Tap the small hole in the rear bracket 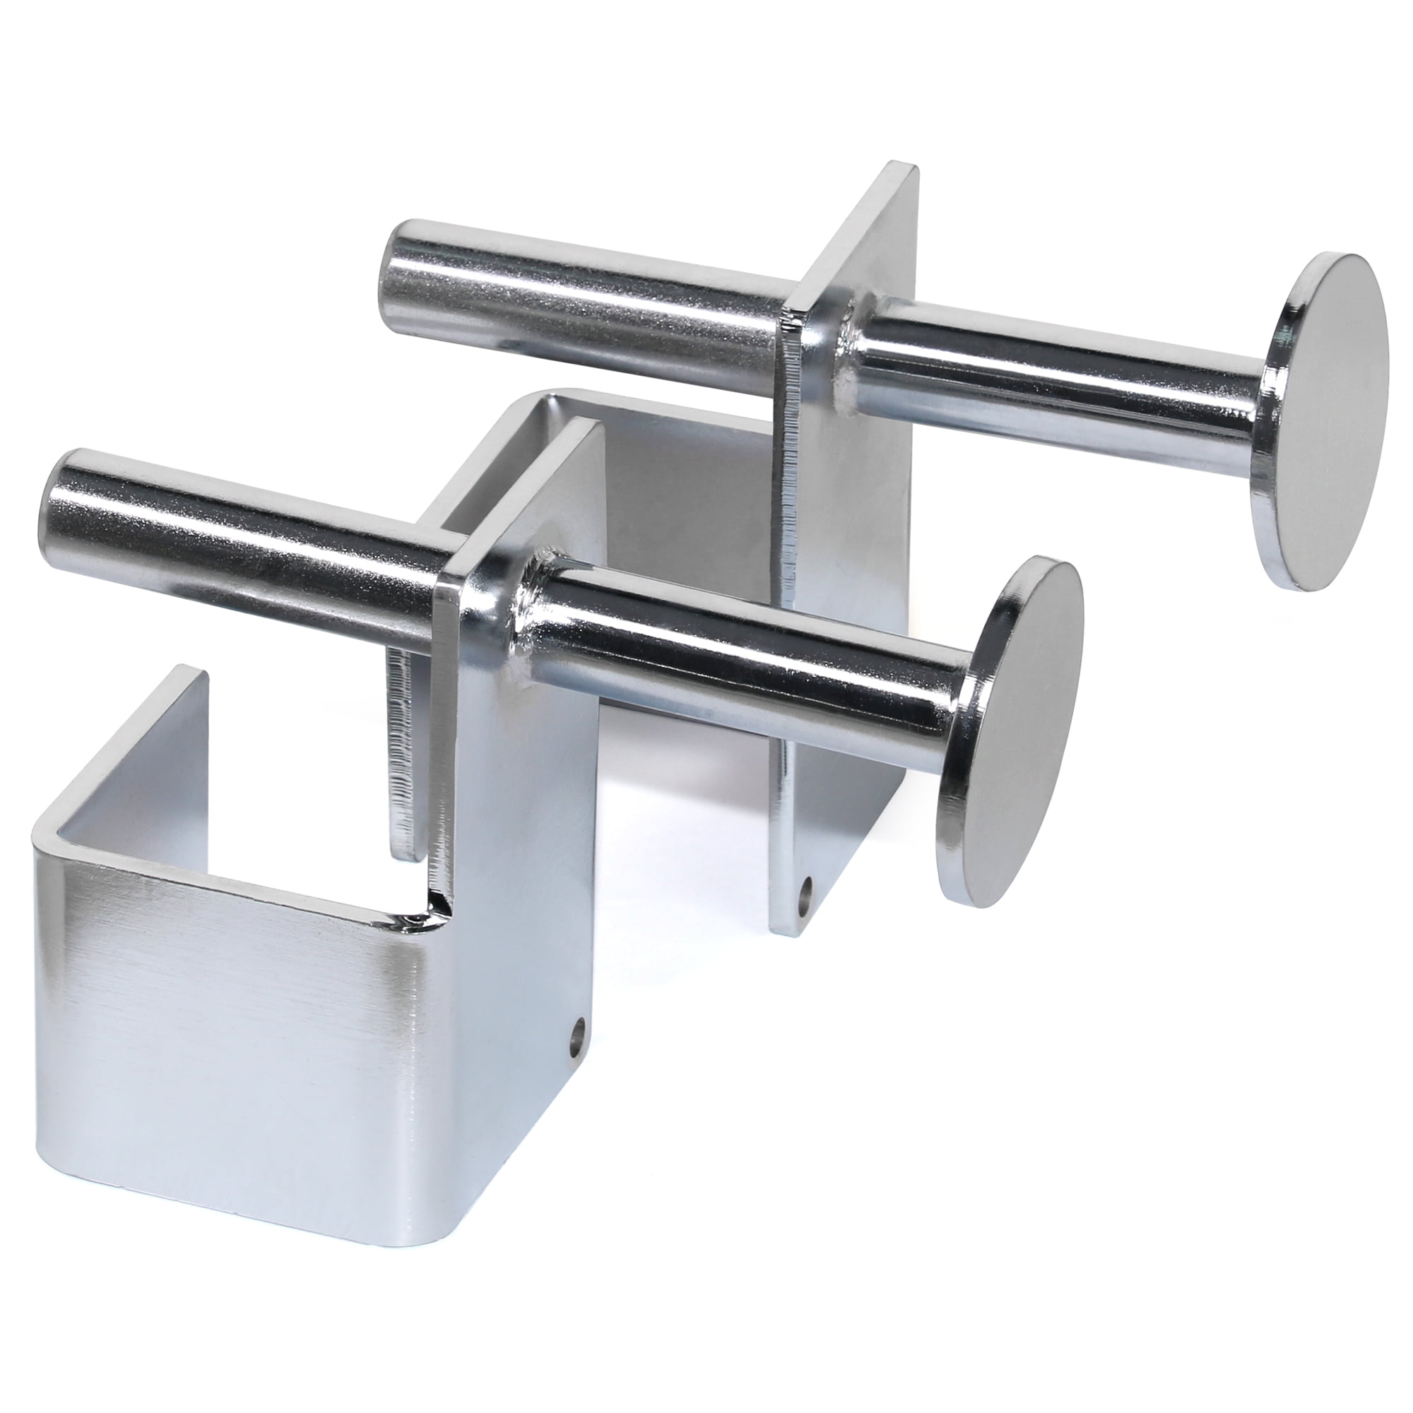[807, 893]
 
